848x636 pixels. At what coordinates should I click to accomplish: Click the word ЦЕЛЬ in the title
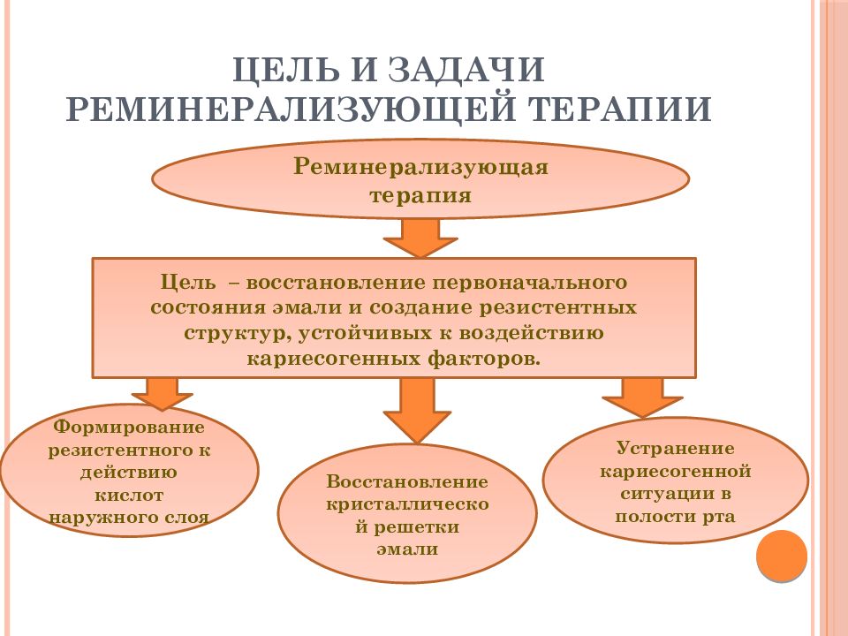[285, 69]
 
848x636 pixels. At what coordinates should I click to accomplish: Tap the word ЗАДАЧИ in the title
[466, 68]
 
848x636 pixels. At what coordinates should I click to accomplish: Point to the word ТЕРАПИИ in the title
[620, 109]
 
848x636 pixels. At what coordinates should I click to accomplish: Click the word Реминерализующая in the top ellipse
[420, 167]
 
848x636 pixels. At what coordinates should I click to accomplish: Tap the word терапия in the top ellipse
[420, 195]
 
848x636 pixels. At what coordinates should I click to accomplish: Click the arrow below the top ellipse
[420, 238]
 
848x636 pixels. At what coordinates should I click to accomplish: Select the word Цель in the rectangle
[187, 283]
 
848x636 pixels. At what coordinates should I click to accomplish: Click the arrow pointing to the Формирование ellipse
[162, 393]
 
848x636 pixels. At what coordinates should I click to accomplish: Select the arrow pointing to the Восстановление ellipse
[416, 409]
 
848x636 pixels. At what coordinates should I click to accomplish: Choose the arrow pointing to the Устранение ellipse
[642, 397]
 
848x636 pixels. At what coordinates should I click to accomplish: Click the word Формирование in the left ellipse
[129, 428]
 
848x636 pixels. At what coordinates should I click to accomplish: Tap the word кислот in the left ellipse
[129, 495]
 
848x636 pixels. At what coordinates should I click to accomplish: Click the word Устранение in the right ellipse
[676, 449]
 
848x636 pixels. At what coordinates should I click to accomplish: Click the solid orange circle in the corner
[782, 556]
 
